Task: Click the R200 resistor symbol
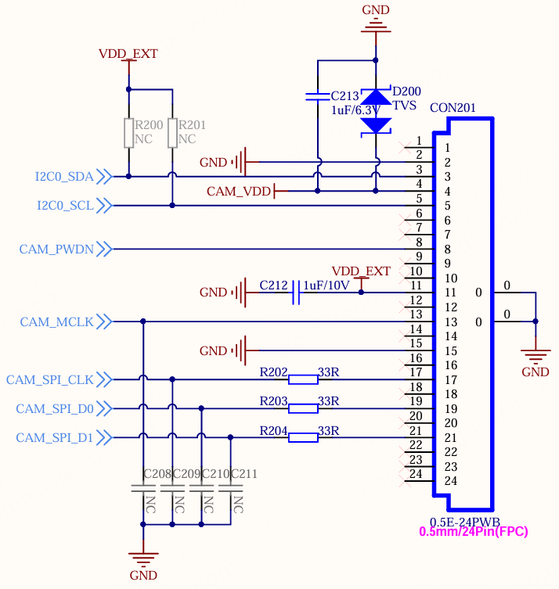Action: (129, 133)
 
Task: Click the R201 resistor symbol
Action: (172, 133)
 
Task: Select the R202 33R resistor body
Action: (303, 379)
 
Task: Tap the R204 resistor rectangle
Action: (303, 437)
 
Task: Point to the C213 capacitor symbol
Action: (318, 96)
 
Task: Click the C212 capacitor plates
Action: (296, 293)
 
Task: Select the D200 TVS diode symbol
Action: (376, 112)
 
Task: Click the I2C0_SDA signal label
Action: (64, 177)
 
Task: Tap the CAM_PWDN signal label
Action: (56, 249)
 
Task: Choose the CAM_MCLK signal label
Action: (57, 322)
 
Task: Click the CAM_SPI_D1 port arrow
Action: (104, 437)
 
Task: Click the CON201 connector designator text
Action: (453, 108)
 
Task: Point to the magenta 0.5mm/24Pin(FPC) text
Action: (474, 532)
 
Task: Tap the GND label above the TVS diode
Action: (376, 9)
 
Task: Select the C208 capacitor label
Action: (157, 474)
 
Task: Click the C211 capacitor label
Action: (244, 474)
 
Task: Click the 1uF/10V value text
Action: (326, 286)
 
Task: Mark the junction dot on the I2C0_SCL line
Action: (172, 206)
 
